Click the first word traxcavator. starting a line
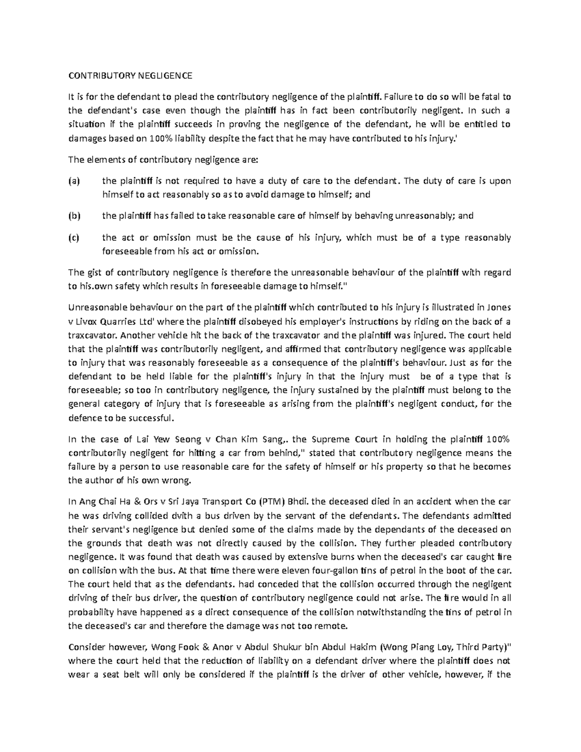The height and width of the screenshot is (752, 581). [92, 335]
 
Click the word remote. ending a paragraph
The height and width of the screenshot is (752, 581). [332, 626]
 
